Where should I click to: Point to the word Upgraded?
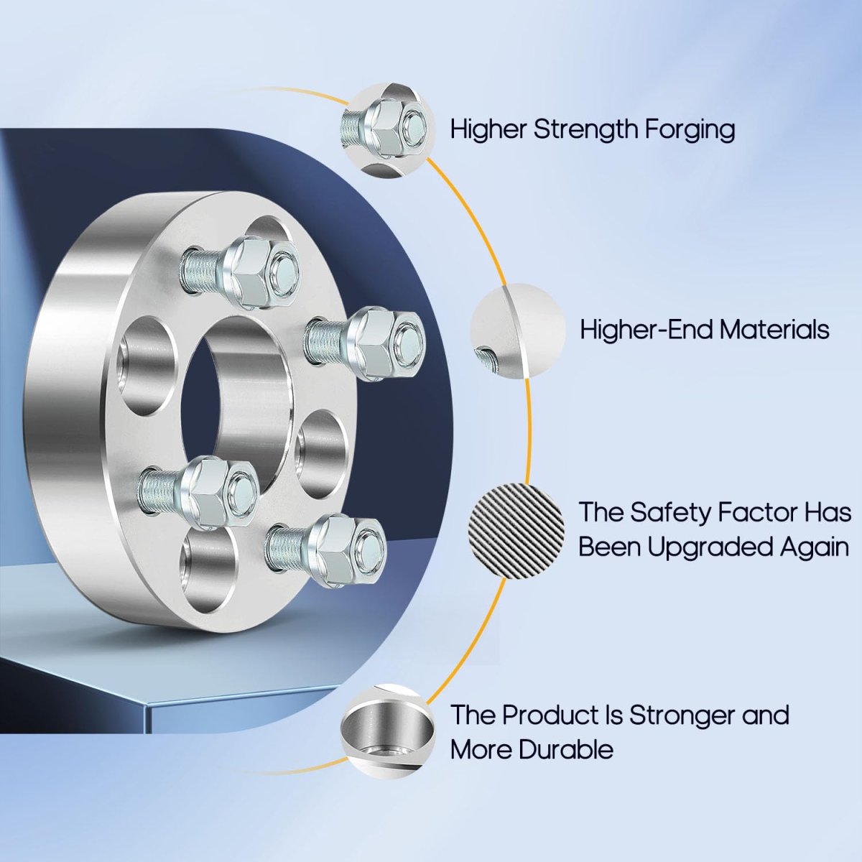click(717, 548)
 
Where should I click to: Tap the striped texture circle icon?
click(516, 532)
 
